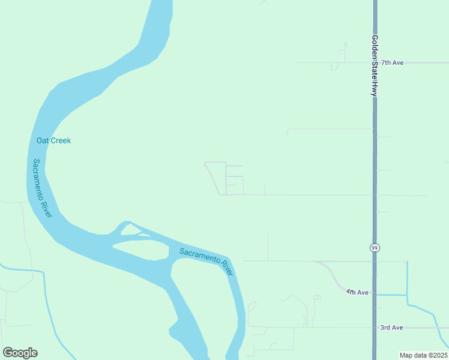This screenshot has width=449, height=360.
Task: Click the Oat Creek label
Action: [53, 140]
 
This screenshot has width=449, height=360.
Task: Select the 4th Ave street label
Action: [357, 292]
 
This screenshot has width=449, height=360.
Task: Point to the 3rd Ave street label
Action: [391, 328]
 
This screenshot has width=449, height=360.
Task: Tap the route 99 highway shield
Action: [375, 247]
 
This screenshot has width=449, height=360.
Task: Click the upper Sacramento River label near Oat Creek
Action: [42, 188]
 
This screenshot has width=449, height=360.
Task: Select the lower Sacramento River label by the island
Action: [206, 260]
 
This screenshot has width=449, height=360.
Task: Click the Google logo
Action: [20, 353]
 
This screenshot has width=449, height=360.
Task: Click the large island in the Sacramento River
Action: [140, 248]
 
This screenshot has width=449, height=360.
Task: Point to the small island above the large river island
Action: [130, 230]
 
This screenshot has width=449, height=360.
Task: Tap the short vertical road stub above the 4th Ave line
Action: [268, 247]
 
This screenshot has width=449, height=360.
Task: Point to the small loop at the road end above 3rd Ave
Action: [317, 297]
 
